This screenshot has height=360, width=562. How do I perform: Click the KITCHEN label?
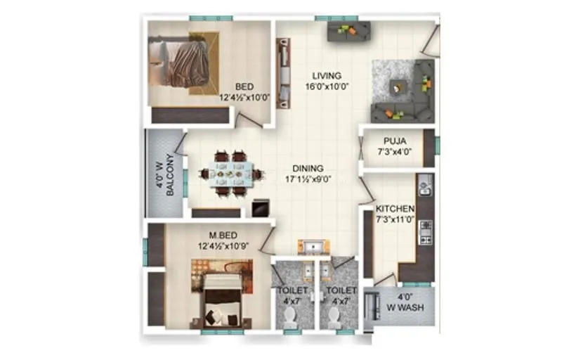point(394,209)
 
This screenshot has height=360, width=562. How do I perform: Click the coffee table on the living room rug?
point(398,87)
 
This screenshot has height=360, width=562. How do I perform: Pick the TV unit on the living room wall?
point(283,72)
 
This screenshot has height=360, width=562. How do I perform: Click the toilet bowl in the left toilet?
point(288,318)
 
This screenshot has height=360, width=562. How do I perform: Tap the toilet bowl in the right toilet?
point(335,318)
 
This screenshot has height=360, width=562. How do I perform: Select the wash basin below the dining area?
point(310,246)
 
